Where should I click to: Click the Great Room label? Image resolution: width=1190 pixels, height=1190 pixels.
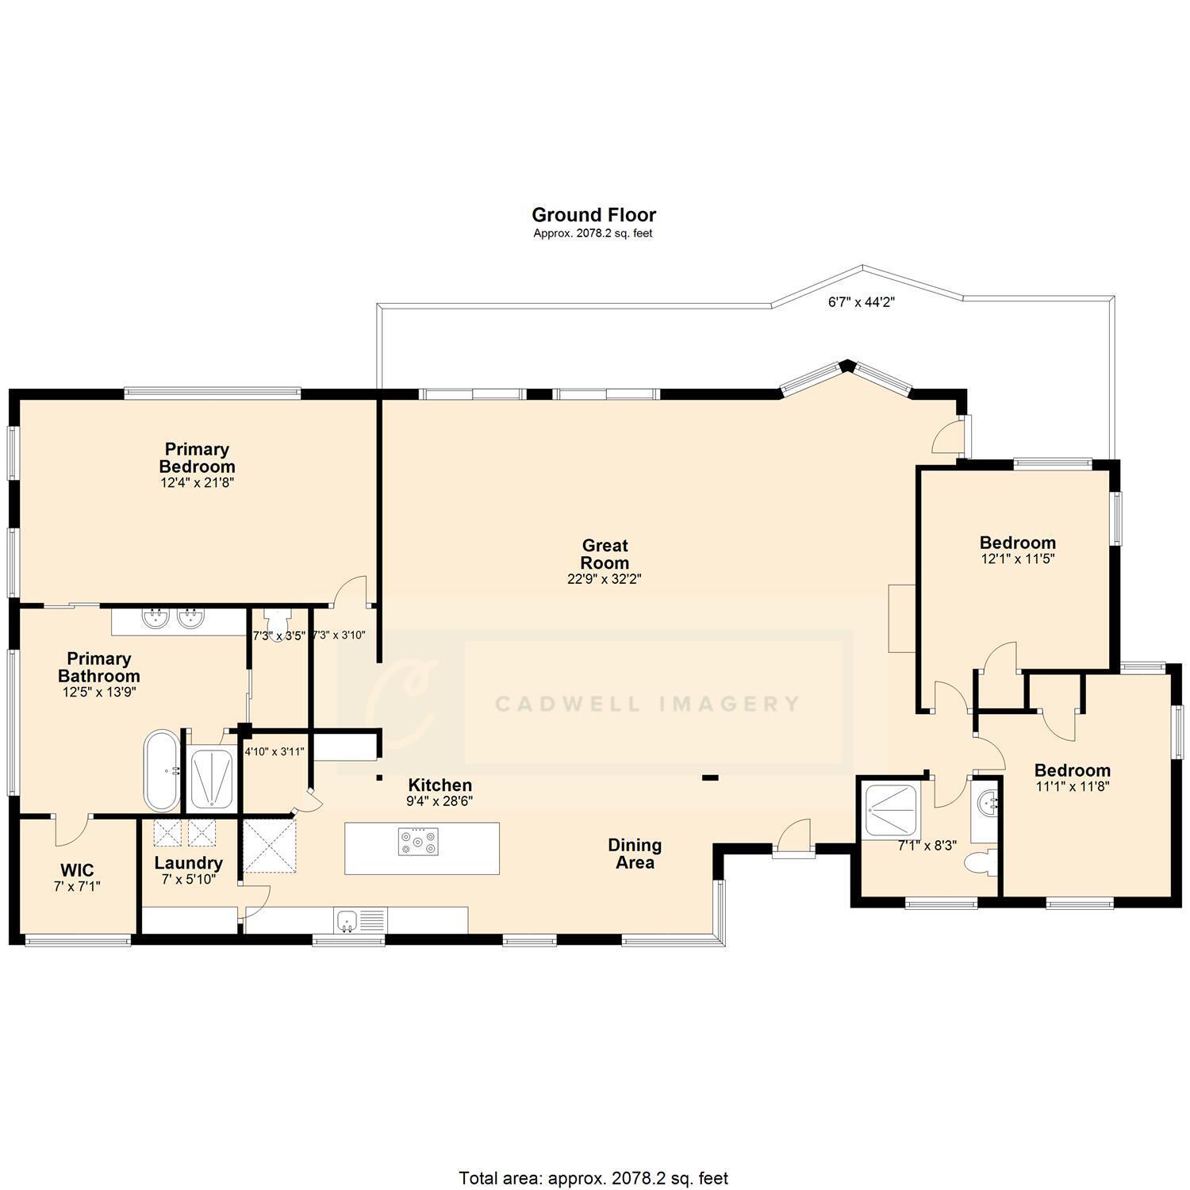[605, 554]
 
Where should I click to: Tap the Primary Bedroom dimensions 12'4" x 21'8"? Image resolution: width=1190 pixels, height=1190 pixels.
[197, 482]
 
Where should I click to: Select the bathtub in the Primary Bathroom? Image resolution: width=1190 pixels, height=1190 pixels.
[162, 771]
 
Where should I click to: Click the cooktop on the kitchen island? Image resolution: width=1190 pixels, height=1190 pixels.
[418, 842]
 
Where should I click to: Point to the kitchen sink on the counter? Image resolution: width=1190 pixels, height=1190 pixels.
[347, 920]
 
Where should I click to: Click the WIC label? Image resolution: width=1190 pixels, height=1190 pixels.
[77, 870]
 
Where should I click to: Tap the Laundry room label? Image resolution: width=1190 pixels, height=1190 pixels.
[188, 863]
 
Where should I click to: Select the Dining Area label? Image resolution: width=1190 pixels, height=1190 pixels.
[635, 854]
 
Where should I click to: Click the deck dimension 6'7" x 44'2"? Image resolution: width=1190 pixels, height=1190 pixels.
[862, 302]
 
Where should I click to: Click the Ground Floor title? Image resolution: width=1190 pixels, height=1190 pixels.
[593, 215]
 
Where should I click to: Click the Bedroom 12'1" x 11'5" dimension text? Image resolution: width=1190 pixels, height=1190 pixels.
[1017, 559]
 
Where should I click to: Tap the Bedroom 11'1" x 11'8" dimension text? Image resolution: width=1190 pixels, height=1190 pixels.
[1072, 787]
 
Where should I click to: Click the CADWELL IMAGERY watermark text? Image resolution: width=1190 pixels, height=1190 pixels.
[647, 704]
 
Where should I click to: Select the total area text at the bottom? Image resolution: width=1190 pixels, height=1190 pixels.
[593, 1178]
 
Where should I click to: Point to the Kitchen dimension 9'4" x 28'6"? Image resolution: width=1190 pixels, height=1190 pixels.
[440, 801]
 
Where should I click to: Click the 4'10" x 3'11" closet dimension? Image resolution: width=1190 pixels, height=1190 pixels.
[274, 752]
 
